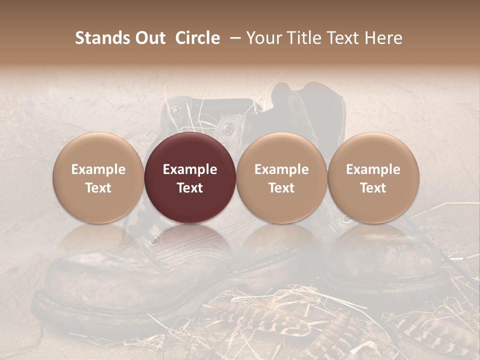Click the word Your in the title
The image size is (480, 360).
tap(263, 38)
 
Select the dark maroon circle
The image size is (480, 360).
tap(190, 178)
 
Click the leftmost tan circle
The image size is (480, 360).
tap(98, 178)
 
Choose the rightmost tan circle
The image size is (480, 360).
tap(373, 178)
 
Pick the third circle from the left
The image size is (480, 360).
tap(281, 178)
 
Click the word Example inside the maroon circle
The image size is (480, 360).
tap(190, 169)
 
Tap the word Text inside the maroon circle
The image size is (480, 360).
tap(190, 188)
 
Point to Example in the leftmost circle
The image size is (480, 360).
tap(98, 169)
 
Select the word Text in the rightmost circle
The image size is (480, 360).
tap(373, 188)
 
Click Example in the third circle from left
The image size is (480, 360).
tap(281, 169)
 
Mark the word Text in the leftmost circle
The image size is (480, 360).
tap(98, 188)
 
